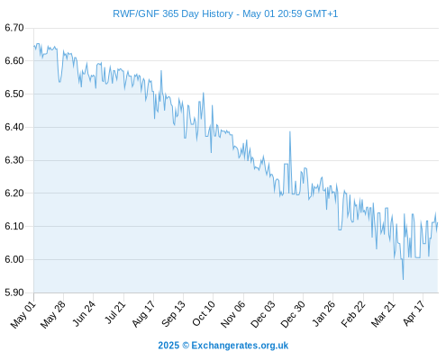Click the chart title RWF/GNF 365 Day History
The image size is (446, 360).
173,13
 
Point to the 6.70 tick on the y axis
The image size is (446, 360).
14,28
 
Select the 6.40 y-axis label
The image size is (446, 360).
14,127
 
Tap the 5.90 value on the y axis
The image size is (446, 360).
14,292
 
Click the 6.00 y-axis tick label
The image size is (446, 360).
14,259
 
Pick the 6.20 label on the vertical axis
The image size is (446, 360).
14,193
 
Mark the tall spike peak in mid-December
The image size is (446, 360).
290,131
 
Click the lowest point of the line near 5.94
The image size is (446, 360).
403,280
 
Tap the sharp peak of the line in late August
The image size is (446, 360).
161,70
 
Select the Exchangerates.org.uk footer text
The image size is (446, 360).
240,346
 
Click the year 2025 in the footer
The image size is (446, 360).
168,346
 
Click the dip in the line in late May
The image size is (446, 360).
59,82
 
